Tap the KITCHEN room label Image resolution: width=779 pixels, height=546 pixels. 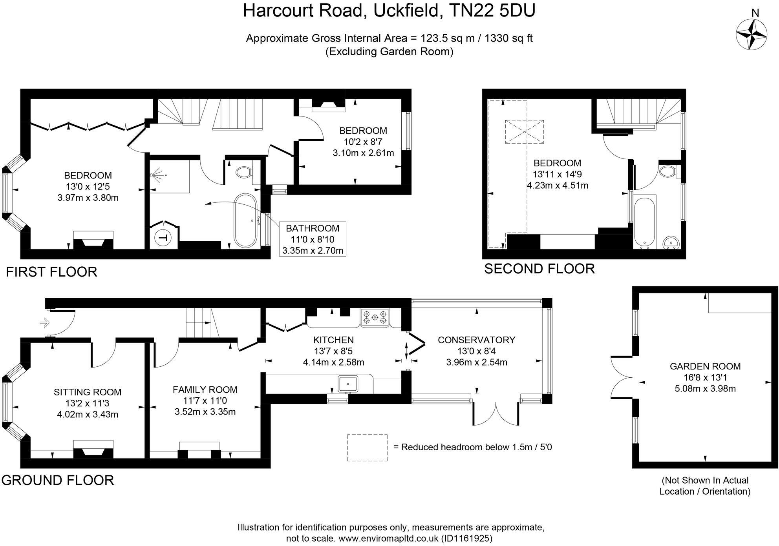333,340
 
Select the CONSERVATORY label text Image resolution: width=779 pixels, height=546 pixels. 476,340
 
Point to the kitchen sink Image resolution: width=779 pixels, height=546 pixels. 348,383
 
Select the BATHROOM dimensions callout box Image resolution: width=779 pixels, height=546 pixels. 313,239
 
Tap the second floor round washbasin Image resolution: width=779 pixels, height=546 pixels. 671,243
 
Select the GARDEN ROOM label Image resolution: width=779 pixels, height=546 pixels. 705,366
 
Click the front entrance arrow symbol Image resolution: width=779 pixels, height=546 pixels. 44,323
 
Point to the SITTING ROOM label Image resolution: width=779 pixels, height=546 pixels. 88,392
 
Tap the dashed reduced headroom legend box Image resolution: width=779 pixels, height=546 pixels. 367,448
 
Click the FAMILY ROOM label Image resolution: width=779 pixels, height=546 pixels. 205,389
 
